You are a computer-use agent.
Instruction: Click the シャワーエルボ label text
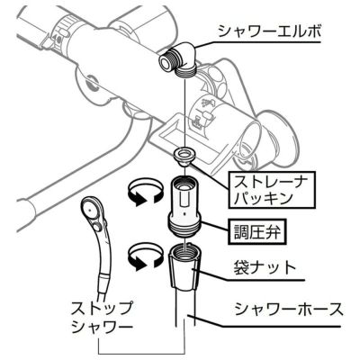click(x=269, y=31)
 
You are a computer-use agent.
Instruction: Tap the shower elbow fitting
click(x=178, y=60)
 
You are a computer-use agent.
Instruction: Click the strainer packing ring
click(x=184, y=156)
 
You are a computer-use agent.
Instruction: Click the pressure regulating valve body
click(x=184, y=208)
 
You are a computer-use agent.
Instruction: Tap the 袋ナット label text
click(x=265, y=267)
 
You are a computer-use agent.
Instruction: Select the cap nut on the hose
click(x=184, y=266)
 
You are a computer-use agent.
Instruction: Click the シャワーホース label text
click(x=289, y=309)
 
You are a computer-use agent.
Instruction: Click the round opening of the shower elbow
click(x=165, y=61)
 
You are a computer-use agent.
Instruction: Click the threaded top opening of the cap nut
click(x=184, y=248)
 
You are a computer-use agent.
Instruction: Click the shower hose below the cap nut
click(x=184, y=308)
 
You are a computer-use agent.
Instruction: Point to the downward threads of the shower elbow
click(x=185, y=72)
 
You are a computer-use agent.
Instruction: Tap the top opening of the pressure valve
click(x=184, y=183)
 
